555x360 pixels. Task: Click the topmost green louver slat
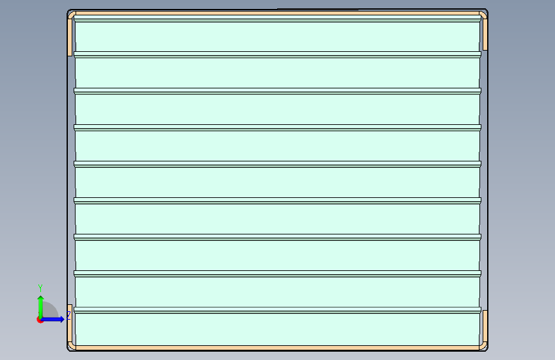tap(277, 37)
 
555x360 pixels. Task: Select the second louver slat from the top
tap(277, 73)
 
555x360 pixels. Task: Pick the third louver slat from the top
tap(277, 110)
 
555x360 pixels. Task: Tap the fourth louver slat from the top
tap(277, 146)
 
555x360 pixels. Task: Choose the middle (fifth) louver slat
tap(277, 183)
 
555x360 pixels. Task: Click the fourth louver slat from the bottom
tap(277, 219)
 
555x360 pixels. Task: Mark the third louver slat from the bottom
tap(277, 256)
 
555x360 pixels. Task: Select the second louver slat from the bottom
tap(277, 292)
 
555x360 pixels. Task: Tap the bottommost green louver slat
tap(277, 329)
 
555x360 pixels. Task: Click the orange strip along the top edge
tap(277, 13)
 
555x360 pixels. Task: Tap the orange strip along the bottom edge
tap(277, 348)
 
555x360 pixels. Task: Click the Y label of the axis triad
tap(40, 288)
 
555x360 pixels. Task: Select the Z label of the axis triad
tap(68, 315)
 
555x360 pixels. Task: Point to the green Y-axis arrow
tap(40, 305)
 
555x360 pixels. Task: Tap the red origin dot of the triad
tap(40, 320)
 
